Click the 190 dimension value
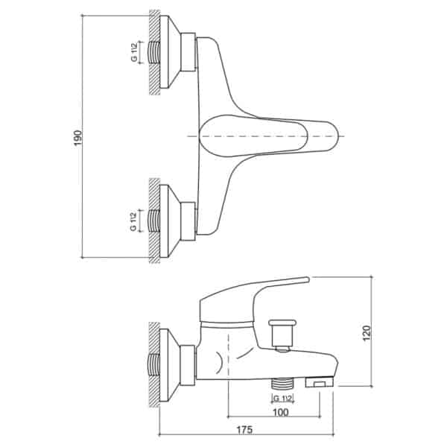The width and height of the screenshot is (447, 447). point(77,138)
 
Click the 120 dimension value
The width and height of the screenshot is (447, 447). point(367,332)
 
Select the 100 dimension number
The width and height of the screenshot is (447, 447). point(281,413)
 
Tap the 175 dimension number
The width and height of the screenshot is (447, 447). point(245,430)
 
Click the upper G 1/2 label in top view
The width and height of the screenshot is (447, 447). point(134,52)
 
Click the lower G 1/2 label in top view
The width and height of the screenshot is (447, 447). point(133,221)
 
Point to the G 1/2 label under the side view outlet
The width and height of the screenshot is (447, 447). point(282,399)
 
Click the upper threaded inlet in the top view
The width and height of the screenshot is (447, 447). point(154,52)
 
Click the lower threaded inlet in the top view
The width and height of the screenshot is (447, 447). point(154,221)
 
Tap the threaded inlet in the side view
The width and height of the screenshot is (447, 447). point(154,364)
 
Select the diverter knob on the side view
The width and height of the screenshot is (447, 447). point(282,335)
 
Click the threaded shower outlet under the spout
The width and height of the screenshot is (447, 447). point(282,383)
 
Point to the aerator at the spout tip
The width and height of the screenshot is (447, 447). point(320,381)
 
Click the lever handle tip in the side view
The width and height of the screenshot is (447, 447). point(306,279)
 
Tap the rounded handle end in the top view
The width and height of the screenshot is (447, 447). point(331,136)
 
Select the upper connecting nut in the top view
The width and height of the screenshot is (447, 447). point(188,52)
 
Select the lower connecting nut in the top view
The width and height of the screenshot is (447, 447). point(188,221)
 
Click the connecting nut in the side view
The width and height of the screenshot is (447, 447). point(188,365)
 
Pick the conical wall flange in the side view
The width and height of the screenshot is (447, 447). point(170,365)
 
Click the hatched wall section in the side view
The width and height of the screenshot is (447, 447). point(154,364)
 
